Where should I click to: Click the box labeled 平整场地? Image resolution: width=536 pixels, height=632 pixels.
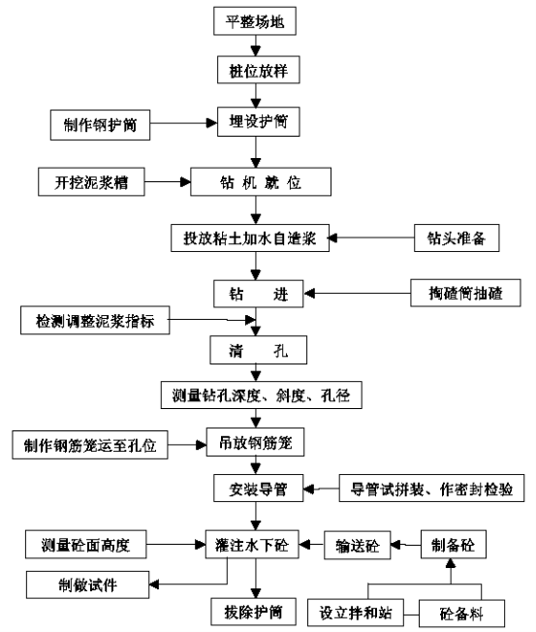255,21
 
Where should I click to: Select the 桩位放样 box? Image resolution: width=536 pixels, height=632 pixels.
259,70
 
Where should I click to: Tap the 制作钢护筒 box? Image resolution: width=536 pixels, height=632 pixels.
100,125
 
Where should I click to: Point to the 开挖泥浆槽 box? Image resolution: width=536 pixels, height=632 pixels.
91,182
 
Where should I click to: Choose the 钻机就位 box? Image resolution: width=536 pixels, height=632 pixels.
261,182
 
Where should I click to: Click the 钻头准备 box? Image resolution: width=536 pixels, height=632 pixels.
457,237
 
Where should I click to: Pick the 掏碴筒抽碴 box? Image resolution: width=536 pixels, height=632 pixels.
465,293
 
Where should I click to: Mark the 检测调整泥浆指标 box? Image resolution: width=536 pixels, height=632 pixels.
95,321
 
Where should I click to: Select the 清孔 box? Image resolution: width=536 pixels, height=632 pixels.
259,350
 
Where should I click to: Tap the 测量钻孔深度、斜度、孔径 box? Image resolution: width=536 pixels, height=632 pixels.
262,395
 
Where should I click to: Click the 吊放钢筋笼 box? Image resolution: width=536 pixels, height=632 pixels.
256,442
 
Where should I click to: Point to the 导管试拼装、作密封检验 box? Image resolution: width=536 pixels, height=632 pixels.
431,489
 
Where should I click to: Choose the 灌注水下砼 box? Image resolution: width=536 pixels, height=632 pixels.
252,544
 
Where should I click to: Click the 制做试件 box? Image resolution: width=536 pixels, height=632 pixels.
88,585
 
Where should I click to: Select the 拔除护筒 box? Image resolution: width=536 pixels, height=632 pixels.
254,612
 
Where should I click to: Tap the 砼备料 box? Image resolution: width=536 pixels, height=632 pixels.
461,614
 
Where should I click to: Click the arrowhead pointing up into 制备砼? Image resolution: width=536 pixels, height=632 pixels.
451,563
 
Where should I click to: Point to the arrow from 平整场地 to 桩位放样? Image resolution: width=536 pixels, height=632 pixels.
256,46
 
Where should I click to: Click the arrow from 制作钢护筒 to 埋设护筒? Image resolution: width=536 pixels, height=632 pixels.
184,123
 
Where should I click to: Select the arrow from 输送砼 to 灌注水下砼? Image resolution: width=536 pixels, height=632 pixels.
311,545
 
